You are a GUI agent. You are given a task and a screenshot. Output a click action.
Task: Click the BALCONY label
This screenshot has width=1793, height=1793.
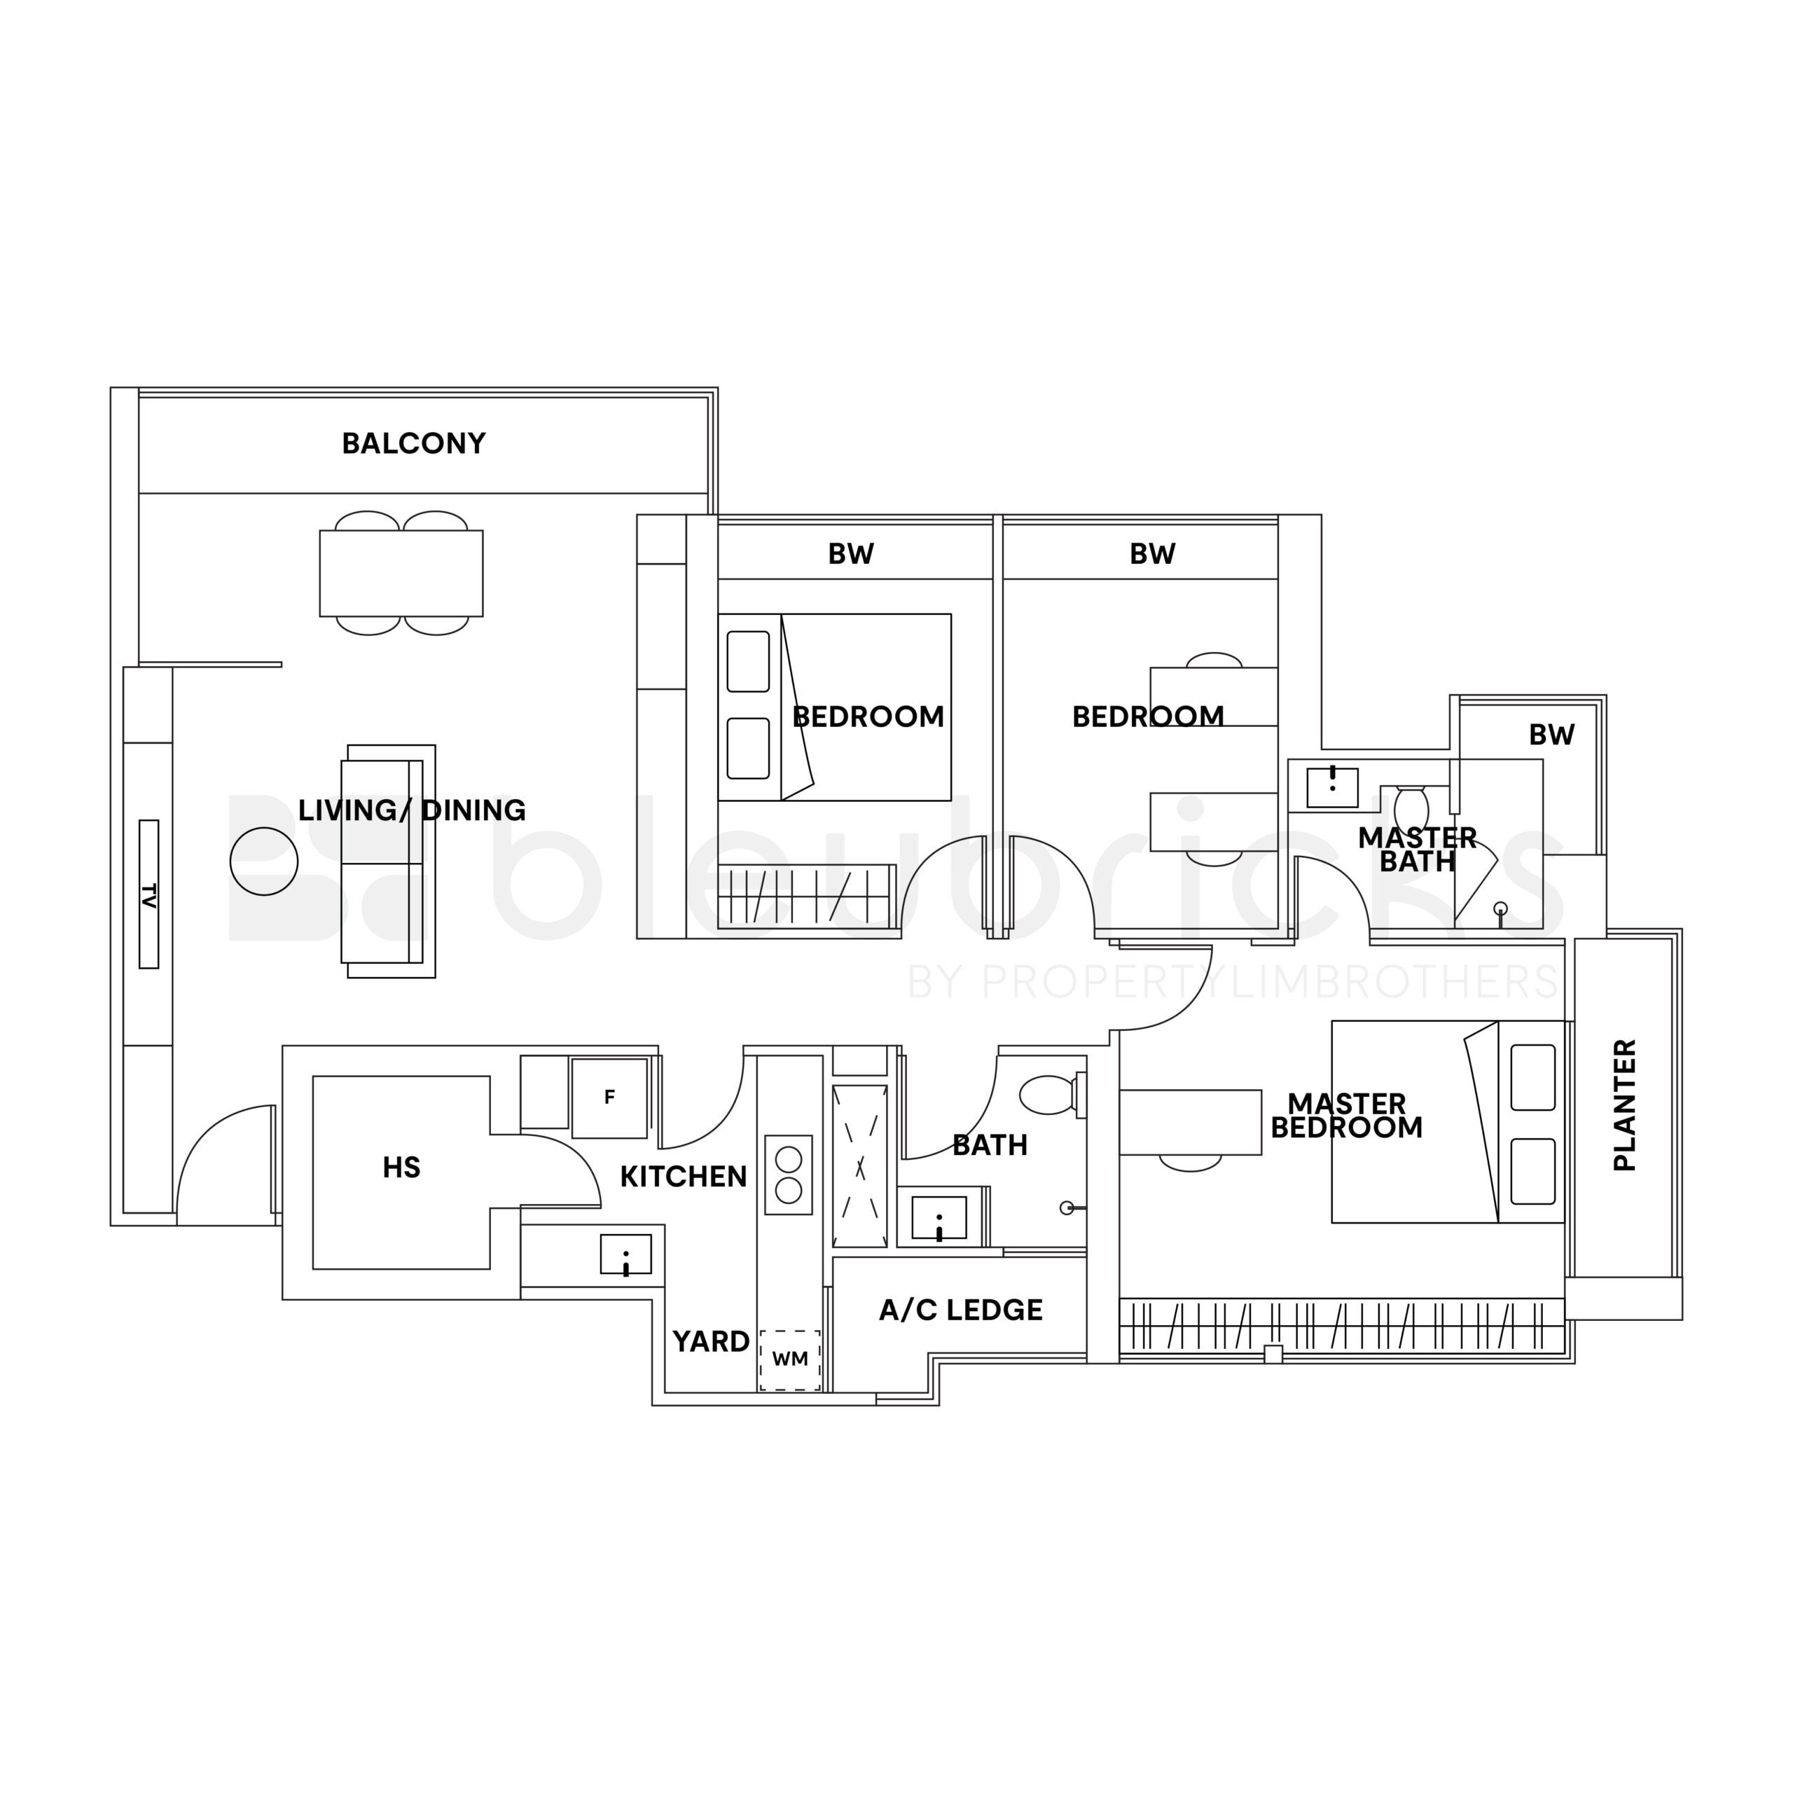[414, 443]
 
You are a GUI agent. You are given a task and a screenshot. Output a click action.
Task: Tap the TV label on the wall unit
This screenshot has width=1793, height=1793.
[148, 894]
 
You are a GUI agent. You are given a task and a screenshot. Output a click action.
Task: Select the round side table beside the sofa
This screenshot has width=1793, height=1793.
[265, 861]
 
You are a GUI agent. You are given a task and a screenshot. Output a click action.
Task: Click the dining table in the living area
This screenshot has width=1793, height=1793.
[401, 573]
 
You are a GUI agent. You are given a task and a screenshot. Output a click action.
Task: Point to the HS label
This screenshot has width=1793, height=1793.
[402, 1168]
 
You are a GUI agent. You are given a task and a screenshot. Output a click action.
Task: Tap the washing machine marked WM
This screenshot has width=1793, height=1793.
[790, 1359]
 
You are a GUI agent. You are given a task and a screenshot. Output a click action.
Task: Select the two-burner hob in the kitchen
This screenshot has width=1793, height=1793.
[789, 1175]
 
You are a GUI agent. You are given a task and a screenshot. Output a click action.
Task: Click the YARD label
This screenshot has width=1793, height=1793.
[711, 1342]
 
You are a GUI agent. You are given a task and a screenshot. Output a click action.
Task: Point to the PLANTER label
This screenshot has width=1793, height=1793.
[1625, 1105]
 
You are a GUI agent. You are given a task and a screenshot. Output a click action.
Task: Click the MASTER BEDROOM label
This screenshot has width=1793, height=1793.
[1347, 1116]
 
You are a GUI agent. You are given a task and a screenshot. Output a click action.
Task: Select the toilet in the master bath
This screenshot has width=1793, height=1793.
[1411, 806]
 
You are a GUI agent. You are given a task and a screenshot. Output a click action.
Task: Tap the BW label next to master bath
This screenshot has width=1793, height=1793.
[1551, 735]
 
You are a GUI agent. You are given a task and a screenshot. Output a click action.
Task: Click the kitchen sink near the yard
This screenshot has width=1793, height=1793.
[625, 1254]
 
